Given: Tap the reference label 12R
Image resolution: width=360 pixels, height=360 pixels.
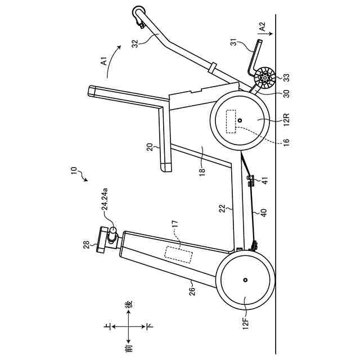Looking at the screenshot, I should pyautogui.click(x=285, y=121).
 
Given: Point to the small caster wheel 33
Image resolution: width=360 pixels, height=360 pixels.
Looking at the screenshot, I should pyautogui.click(x=264, y=78).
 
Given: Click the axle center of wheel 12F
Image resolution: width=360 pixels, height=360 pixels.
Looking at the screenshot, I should pyautogui.click(x=246, y=280).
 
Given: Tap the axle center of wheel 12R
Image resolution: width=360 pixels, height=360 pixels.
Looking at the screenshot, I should pyautogui.click(x=240, y=120).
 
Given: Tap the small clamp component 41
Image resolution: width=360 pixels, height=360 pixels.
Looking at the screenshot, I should pyautogui.click(x=251, y=181).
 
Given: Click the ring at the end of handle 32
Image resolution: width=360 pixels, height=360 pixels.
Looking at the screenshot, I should pyautogui.click(x=138, y=12).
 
